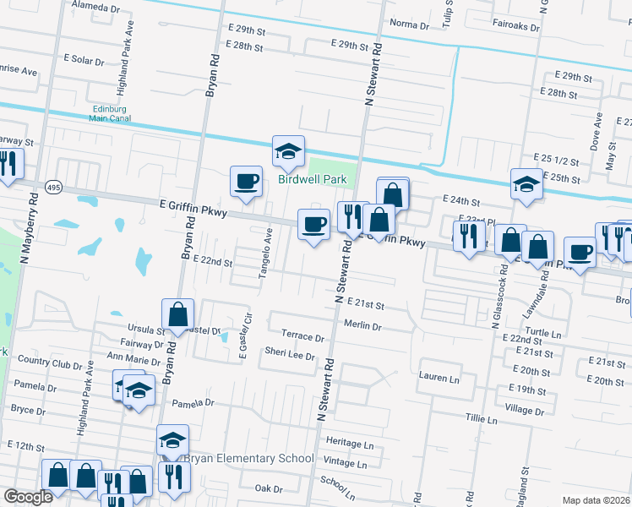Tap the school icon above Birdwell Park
point(288,152)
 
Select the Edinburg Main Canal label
point(112,113)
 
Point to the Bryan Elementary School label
point(248,459)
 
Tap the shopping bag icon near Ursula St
point(177,315)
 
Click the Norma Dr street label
point(411,25)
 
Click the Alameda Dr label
point(97,6)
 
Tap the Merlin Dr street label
point(362,325)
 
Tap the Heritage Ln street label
point(350,444)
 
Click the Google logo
point(29,497)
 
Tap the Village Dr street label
point(525,408)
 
